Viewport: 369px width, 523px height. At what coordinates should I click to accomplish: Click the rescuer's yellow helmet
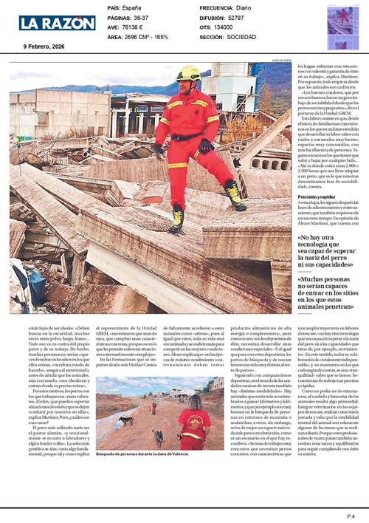coord(189,72)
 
